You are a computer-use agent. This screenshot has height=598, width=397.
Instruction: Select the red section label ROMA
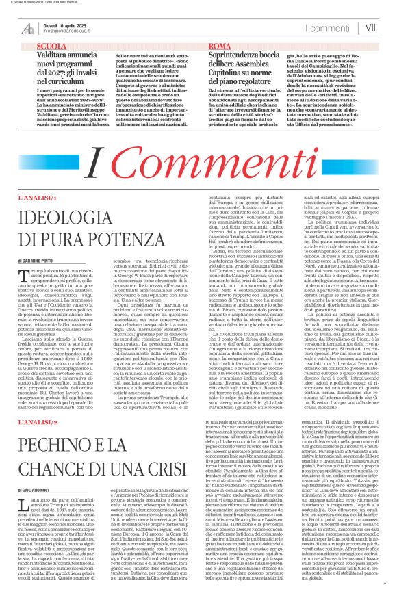[218, 44]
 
